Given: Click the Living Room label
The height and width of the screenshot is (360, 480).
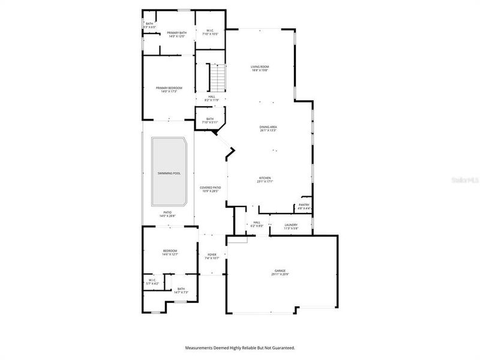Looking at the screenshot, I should click(x=259, y=67).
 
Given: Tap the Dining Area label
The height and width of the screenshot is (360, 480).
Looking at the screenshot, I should click(x=268, y=127).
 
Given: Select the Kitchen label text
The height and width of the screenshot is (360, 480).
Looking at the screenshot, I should click(x=265, y=178).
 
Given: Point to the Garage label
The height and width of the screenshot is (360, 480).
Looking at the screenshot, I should click(x=280, y=271).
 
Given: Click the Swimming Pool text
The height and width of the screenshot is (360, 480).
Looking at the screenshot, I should click(x=169, y=173).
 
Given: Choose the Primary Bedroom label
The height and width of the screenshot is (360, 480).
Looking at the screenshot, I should click(x=169, y=88).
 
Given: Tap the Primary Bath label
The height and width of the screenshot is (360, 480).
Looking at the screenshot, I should click(x=176, y=32).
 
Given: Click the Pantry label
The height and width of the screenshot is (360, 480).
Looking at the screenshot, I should click(x=304, y=205).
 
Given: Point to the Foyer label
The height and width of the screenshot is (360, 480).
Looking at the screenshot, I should click(x=212, y=254).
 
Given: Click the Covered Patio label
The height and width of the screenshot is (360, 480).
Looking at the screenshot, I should click(x=210, y=188).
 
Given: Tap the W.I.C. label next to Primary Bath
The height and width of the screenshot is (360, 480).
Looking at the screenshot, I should click(x=211, y=30).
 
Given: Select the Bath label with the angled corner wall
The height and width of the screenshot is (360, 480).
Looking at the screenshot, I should click(x=210, y=119).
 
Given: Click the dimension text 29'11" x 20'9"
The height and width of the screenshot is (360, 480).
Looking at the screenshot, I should click(x=280, y=274).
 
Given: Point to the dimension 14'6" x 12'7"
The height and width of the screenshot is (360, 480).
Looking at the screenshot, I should click(x=170, y=254).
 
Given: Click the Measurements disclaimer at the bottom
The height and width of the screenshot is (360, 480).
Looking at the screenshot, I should click(x=240, y=347).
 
